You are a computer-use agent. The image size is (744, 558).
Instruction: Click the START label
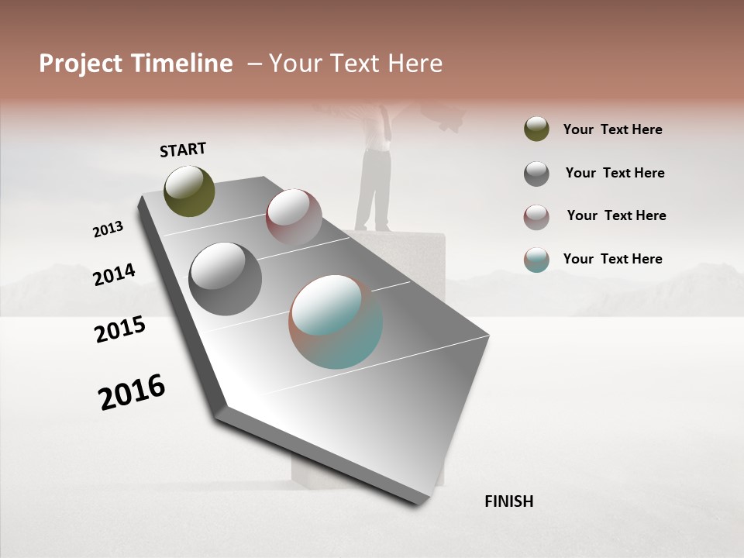pyautogui.click(x=183, y=150)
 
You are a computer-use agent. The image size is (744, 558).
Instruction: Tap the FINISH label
pyautogui.click(x=508, y=501)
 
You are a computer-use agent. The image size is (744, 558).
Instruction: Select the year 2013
pyautogui.click(x=108, y=229)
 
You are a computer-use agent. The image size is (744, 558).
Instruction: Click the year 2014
pyautogui.click(x=114, y=275)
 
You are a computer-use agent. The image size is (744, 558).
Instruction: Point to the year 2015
pyautogui.click(x=120, y=329)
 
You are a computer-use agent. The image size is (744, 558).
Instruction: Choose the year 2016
pyautogui.click(x=132, y=391)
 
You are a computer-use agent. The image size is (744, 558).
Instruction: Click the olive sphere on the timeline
pyautogui.click(x=189, y=191)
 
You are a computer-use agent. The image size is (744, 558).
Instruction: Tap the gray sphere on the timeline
pyautogui.click(x=225, y=279)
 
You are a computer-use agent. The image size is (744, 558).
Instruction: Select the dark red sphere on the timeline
pyautogui.click(x=294, y=216)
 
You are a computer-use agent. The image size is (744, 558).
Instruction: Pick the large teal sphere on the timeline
pyautogui.click(x=336, y=322)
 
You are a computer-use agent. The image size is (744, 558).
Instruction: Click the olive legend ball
pyautogui.click(x=536, y=129)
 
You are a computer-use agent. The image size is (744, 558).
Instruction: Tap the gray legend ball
pyautogui.click(x=536, y=174)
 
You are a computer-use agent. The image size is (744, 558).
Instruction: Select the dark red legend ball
pyautogui.click(x=536, y=217)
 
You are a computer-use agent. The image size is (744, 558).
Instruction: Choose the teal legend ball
pyautogui.click(x=536, y=260)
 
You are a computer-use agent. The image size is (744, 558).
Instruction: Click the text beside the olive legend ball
pyautogui.click(x=612, y=129)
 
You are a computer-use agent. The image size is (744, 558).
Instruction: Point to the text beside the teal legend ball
pyautogui.click(x=612, y=259)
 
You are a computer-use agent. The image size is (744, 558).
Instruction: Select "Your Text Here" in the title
pyautogui.click(x=355, y=64)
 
